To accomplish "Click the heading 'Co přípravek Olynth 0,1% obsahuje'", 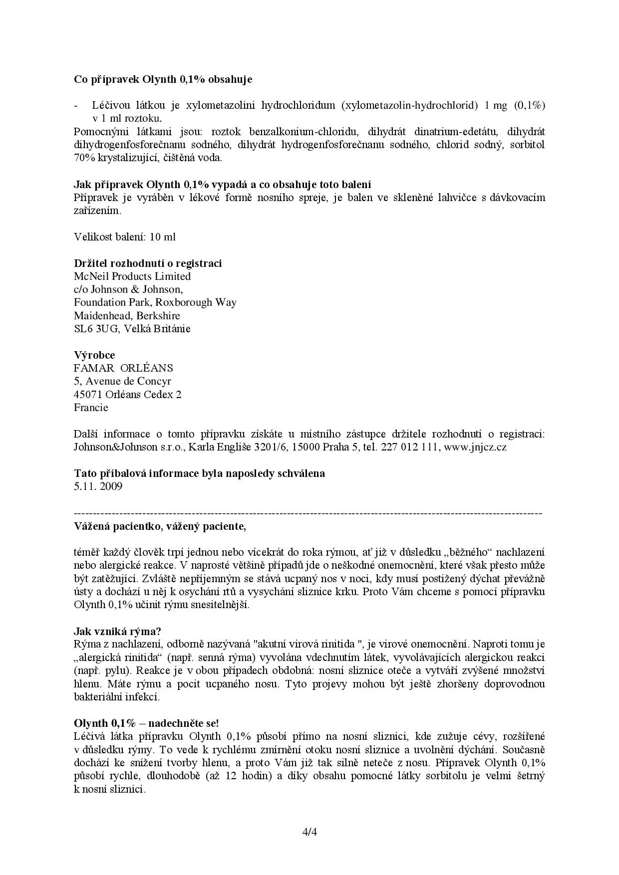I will (163, 79).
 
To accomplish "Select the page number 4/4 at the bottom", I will (309, 832).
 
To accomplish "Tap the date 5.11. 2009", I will (98, 486).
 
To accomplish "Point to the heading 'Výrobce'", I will (94, 355).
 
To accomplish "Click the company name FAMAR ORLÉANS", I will (123, 368).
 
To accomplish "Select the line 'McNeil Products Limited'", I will (132, 276).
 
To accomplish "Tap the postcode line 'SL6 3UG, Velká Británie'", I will (132, 329).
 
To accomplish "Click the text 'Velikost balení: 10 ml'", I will (125, 237).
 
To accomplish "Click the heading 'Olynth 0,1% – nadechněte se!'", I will (146, 723).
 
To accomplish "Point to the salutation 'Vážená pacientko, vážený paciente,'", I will (160, 526).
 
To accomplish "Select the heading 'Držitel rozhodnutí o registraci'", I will (148, 263).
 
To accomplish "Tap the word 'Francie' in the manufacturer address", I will (91, 408).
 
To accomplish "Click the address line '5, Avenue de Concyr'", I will (122, 381).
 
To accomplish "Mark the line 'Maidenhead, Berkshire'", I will (127, 316).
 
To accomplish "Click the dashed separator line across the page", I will (308, 513).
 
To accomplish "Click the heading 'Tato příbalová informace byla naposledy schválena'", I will (199, 473).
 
